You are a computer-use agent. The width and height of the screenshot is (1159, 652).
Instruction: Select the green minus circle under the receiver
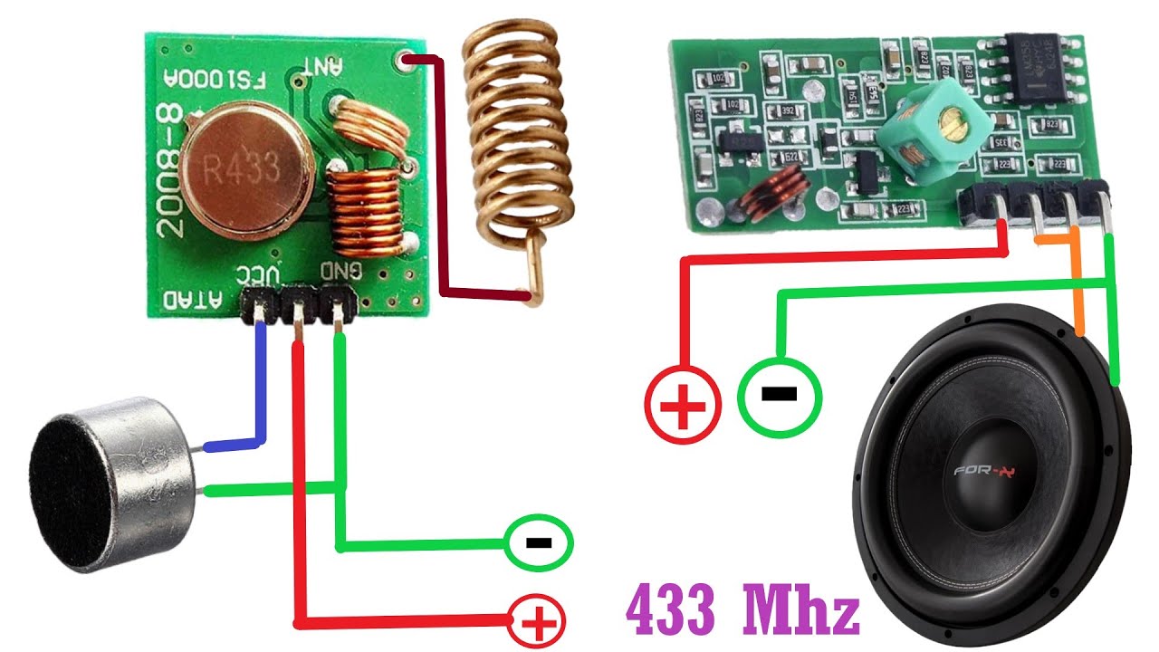pos(780,394)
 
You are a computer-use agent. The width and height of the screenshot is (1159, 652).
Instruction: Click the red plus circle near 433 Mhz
pos(538,621)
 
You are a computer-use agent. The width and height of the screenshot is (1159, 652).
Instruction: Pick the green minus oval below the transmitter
pos(540,542)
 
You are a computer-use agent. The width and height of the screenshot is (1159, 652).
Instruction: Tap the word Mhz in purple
pos(800,612)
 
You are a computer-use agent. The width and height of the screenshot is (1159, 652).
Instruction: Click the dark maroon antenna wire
pos(442,181)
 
